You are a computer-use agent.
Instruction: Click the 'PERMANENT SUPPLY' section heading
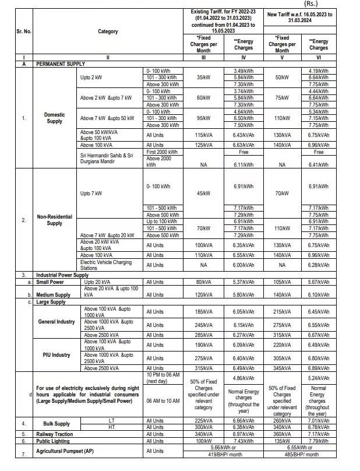tap(61, 64)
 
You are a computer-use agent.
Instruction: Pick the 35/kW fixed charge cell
tap(203, 77)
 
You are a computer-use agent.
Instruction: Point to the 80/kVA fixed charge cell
tap(203, 282)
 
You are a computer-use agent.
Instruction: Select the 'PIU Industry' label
tap(56, 354)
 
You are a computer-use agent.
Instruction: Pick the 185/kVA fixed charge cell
tap(203, 312)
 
